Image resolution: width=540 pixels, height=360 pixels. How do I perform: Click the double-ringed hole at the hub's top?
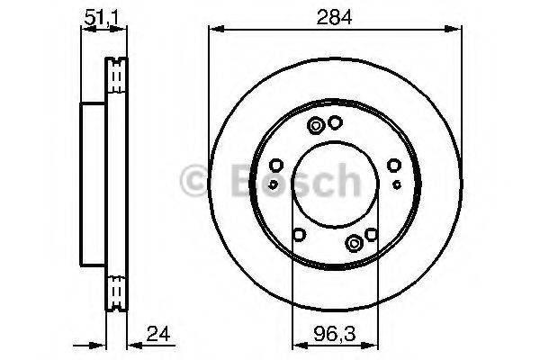click(x=316, y=126)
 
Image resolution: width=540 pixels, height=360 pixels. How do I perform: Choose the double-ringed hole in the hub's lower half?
click(x=356, y=239)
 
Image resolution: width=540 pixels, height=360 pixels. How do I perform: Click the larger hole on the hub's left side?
click(x=276, y=165)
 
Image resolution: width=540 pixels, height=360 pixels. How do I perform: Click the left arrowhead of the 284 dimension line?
click(x=212, y=29)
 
